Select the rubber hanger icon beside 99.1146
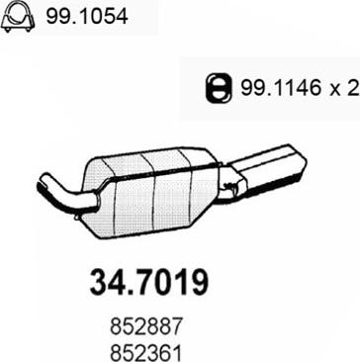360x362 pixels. (216, 88)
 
